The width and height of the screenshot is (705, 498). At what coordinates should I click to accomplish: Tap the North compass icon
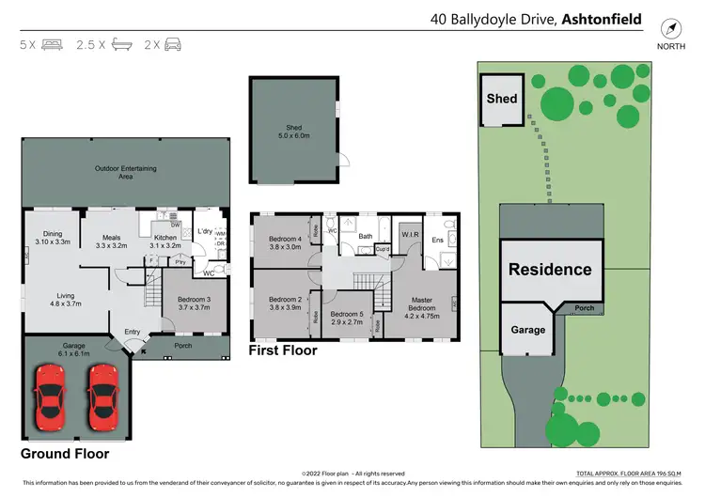(670, 29)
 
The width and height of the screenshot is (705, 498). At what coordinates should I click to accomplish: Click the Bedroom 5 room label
(347, 319)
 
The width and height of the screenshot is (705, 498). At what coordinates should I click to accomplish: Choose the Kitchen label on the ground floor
(165, 242)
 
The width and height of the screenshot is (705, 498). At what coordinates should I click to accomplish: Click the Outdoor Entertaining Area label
(125, 172)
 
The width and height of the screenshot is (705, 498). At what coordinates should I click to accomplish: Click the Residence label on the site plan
(550, 270)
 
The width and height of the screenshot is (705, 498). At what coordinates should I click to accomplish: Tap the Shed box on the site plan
(501, 99)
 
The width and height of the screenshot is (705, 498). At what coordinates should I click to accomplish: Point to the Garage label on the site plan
(528, 330)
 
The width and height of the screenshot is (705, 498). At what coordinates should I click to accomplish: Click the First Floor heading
(282, 350)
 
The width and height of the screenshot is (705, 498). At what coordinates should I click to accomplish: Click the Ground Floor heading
(65, 454)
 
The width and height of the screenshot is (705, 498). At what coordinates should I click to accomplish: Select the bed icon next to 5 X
(54, 44)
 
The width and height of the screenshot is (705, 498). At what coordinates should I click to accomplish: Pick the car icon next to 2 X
(174, 44)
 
